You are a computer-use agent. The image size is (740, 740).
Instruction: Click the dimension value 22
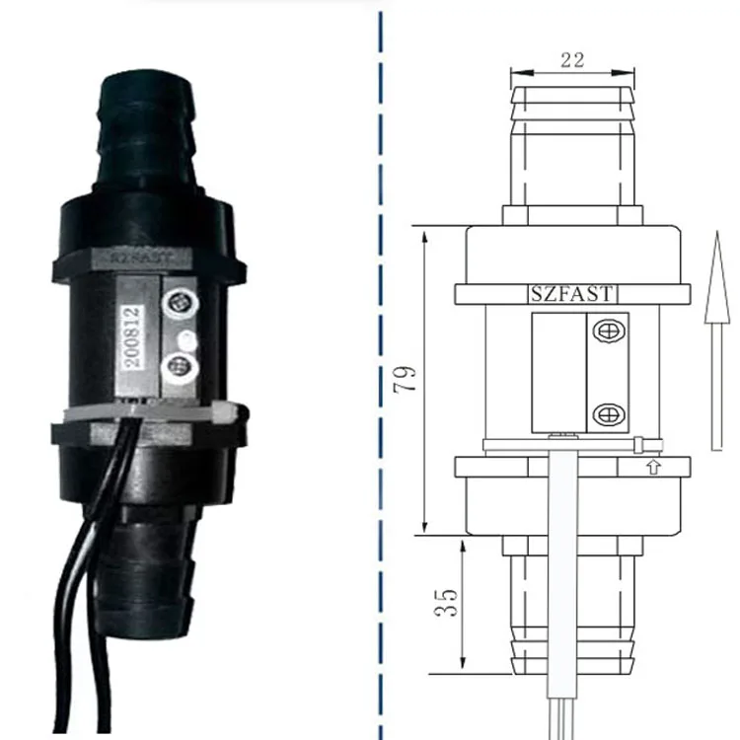pyautogui.click(x=571, y=59)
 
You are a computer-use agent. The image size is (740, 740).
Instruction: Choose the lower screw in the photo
pyautogui.click(x=181, y=369)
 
